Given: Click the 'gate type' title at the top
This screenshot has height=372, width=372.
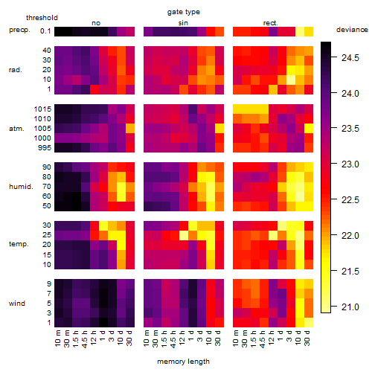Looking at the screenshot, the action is coord(184,12).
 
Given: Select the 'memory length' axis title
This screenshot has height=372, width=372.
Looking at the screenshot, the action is coord(183,362).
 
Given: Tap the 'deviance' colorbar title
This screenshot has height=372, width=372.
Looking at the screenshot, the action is coord(352,30).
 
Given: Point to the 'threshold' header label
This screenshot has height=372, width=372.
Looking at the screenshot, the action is coord(42,18).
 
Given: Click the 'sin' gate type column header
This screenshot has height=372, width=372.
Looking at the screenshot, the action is coord(183,23).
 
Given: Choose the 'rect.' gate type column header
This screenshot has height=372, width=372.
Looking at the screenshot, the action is coord(270,23).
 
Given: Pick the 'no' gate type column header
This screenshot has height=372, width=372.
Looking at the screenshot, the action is coord(96,23).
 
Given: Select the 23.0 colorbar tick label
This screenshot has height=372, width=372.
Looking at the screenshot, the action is coord(350,164).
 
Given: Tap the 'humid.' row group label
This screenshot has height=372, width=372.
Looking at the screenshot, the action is coord(21,187).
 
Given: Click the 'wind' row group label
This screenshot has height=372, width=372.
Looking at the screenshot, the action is coord(17,304).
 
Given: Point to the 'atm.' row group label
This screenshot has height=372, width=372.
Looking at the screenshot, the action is coord(16,129).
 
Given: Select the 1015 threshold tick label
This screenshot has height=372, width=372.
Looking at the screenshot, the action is coord(42,109).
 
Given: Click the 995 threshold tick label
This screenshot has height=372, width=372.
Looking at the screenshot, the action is coord(45,148).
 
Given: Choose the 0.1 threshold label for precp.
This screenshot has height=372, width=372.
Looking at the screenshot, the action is coord(45,31).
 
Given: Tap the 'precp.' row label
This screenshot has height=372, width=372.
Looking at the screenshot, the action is coord(19,30).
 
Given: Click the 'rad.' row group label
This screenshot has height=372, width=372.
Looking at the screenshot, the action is coord(16,70).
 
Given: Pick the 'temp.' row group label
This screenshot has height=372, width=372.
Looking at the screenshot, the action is coord(19,244).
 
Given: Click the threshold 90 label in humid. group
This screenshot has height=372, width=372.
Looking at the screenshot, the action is coord(47,167).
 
